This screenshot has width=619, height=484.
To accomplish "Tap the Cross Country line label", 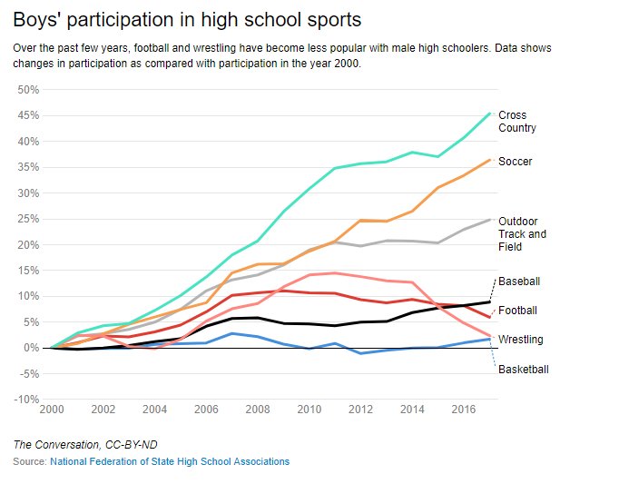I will point(516,122).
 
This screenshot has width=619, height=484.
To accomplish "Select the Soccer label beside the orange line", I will point(515,162).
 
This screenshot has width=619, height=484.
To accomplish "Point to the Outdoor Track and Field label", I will point(522,233).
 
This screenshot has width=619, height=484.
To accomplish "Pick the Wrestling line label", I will point(521,340).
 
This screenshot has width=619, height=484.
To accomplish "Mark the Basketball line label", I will point(524,369).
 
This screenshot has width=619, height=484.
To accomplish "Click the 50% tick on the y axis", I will point(28,90).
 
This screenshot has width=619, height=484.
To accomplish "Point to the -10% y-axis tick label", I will point(26,400).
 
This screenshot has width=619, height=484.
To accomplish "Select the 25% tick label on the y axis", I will point(28,219).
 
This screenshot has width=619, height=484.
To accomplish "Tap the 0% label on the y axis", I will point(32,348).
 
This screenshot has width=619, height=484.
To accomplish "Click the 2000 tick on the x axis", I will point(53,410).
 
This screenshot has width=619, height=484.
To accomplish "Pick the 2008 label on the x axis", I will point(258,410).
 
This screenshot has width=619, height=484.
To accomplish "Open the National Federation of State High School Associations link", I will point(170,462).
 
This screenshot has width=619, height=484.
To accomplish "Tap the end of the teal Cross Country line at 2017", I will point(490,114).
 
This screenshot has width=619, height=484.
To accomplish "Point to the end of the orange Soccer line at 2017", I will point(490,160).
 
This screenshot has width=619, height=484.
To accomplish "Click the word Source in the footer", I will point(29,462).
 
